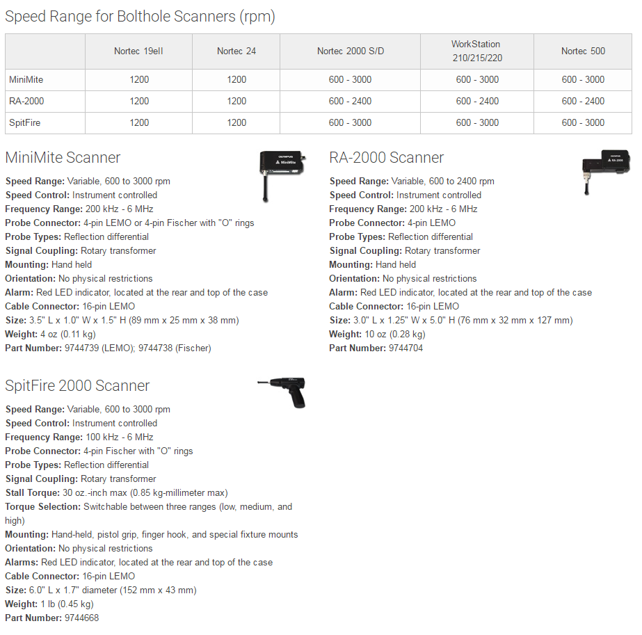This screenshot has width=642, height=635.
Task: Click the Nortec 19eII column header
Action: click(x=139, y=51)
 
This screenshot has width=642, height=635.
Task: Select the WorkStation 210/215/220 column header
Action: click(x=477, y=51)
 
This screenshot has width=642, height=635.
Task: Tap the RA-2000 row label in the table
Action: click(x=26, y=101)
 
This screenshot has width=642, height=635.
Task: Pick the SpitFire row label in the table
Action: click(x=24, y=122)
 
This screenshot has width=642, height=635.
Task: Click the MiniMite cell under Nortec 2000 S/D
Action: click(x=350, y=79)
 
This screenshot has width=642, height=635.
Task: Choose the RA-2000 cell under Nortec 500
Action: click(x=583, y=101)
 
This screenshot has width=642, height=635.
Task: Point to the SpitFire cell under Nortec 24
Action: click(x=236, y=122)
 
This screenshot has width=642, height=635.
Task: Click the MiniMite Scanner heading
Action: click(x=63, y=158)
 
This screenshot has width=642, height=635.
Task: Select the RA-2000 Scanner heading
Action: click(x=386, y=158)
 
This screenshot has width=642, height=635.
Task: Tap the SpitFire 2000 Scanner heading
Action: click(x=77, y=386)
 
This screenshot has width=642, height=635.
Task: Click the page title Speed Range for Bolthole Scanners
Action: click(x=140, y=17)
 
